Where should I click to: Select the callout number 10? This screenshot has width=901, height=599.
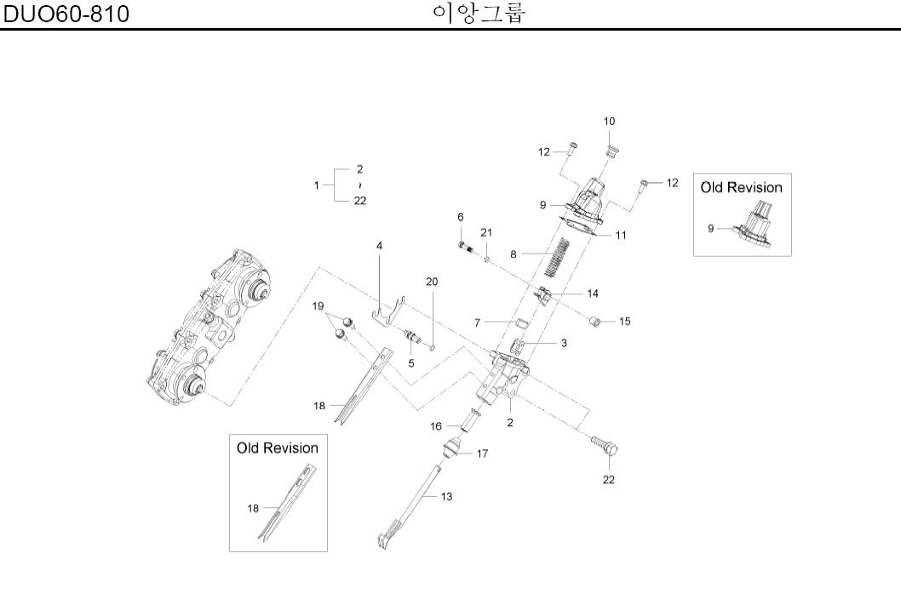610,123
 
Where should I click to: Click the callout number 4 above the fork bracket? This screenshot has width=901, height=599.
379,245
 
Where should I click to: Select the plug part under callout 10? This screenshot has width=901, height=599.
611,153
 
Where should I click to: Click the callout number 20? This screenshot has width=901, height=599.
432,281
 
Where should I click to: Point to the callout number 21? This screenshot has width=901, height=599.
485,232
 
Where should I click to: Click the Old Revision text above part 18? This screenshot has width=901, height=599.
277,448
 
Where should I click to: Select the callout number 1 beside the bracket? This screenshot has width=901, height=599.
317,185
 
